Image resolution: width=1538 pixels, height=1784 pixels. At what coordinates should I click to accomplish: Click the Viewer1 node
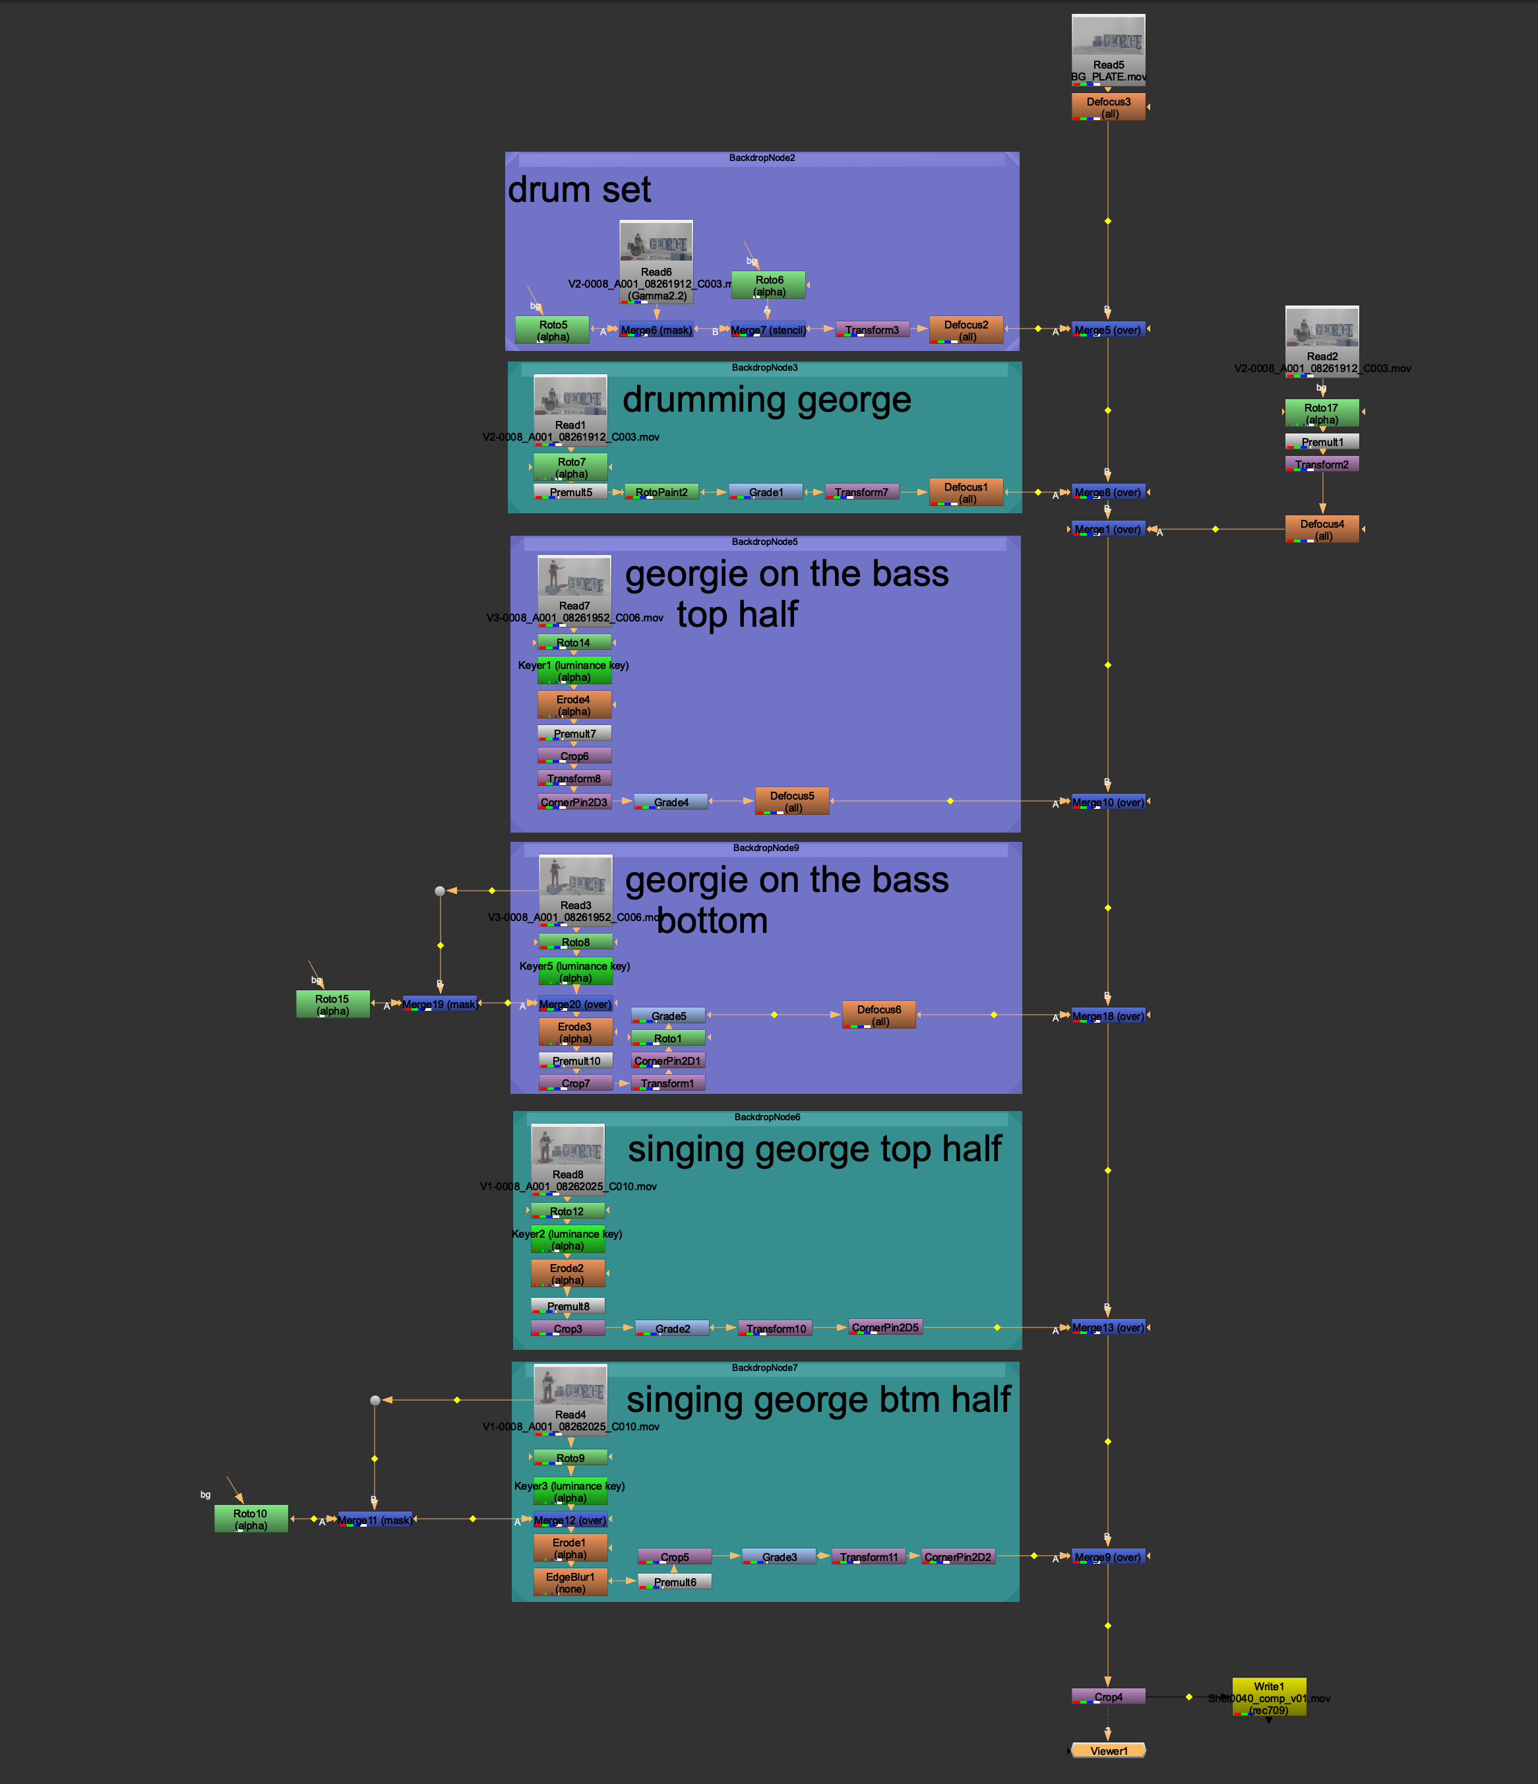1108,1750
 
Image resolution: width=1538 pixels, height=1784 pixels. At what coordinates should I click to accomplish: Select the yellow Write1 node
1269,1697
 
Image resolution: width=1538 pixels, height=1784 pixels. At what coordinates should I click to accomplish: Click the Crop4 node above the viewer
1108,1696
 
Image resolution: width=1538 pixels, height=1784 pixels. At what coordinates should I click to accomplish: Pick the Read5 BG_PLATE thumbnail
1108,39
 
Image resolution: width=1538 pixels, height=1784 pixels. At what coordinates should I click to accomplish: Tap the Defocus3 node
1108,107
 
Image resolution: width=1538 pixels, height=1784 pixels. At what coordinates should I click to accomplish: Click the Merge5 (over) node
1108,330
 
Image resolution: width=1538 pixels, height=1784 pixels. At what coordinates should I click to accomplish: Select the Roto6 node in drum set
768,285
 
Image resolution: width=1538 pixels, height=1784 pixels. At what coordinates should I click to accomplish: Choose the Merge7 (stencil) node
768,330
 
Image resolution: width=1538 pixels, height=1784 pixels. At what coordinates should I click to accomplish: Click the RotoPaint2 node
661,492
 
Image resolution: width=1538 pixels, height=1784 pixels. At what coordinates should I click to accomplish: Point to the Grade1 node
765,492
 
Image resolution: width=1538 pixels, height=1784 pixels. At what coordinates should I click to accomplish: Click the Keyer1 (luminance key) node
574,671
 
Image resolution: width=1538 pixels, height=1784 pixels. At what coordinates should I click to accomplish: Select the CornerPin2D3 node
574,802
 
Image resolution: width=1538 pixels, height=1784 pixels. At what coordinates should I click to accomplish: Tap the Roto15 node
332,1004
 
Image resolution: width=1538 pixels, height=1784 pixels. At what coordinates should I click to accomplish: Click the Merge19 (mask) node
439,1004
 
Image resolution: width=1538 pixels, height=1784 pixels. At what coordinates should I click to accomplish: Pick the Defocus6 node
878,1014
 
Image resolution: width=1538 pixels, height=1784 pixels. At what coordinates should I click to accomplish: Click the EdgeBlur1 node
570,1581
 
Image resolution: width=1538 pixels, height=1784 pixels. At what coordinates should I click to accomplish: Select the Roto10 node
251,1519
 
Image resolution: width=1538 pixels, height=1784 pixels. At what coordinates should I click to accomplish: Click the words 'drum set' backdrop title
579,189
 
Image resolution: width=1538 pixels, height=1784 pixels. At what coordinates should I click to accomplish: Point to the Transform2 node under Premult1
1321,464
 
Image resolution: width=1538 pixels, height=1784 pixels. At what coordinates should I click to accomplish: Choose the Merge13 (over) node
1108,1327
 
